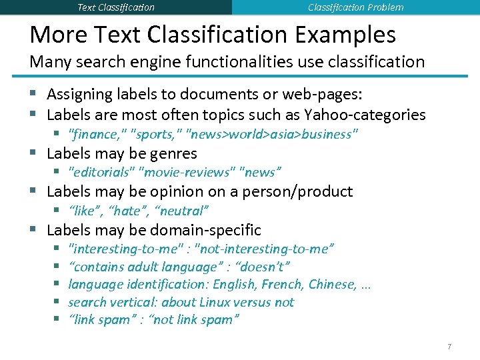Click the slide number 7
tap(449, 347)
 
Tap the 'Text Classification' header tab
tap(116, 7)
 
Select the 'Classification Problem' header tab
tap(355, 7)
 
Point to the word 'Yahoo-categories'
tap(365, 115)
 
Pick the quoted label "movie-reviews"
tap(187, 172)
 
